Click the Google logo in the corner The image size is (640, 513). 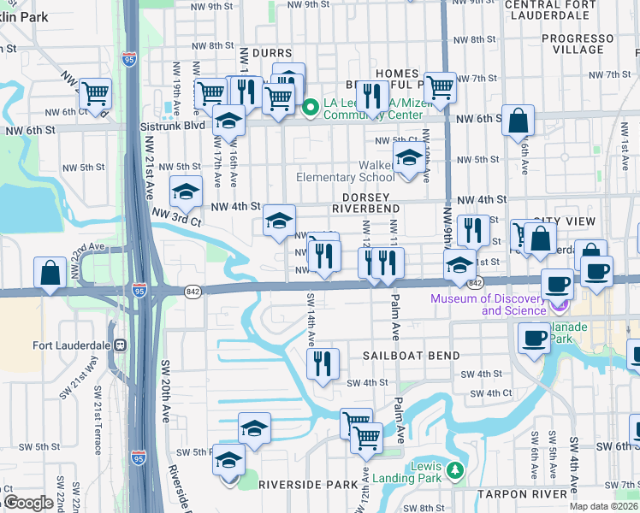(x=27, y=503)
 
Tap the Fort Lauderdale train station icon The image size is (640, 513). (x=121, y=346)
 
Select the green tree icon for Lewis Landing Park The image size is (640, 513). (x=456, y=470)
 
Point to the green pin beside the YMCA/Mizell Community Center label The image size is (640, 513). (x=311, y=108)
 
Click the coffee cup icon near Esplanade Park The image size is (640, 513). (x=535, y=338)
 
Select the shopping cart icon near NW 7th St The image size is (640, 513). (x=440, y=86)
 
